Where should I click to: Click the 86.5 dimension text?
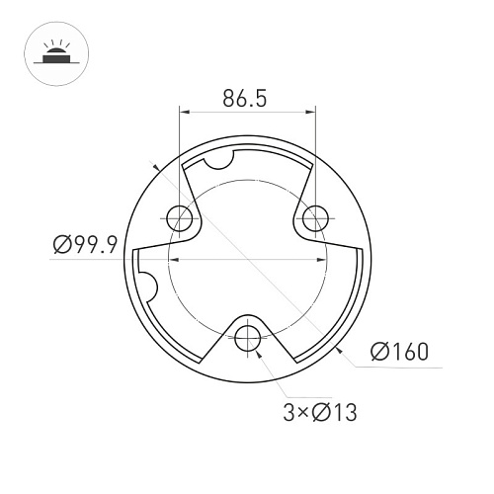[x=244, y=98]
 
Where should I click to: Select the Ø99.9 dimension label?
[x=85, y=245]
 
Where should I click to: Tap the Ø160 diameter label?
[x=399, y=352]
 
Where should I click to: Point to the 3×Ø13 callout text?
[x=320, y=412]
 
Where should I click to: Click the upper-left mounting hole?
[x=180, y=218]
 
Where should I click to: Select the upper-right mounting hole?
[x=315, y=218]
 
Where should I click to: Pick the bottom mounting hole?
[x=248, y=338]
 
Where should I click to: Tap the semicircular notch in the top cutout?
[x=218, y=161]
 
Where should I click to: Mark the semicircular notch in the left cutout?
[x=150, y=287]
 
